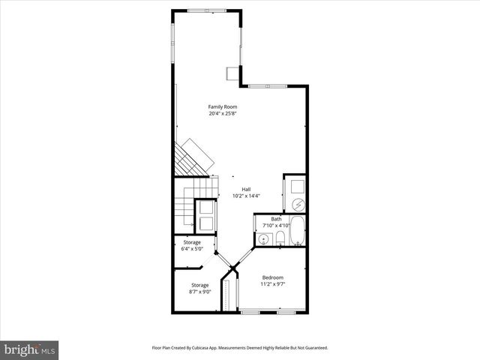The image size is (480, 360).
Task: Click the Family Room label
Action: (x=223, y=107)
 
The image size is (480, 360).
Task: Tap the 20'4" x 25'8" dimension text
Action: (x=223, y=114)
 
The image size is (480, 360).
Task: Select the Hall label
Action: (x=246, y=189)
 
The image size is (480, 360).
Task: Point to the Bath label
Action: (x=277, y=219)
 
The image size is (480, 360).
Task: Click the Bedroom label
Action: (x=273, y=277)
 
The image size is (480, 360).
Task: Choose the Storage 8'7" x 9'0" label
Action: (x=199, y=285)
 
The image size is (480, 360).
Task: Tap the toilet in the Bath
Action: (x=279, y=238)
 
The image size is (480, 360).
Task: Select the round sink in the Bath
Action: (x=264, y=238)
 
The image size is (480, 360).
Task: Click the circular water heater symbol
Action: (x=296, y=203)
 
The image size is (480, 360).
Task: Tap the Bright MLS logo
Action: (x=30, y=349)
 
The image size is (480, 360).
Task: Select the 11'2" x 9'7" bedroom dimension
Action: (x=273, y=284)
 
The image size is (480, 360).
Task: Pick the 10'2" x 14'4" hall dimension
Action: (x=246, y=196)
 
